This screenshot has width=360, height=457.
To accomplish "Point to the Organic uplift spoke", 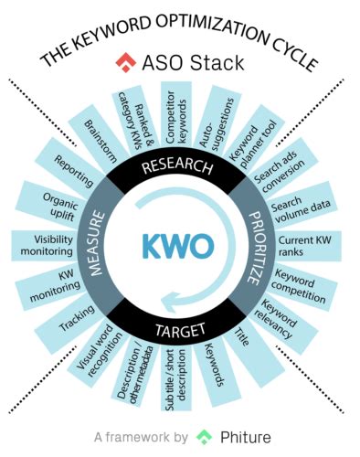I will pyautogui.click(x=62, y=206).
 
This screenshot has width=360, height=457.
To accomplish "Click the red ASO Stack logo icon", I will pyautogui.click(x=123, y=63).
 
